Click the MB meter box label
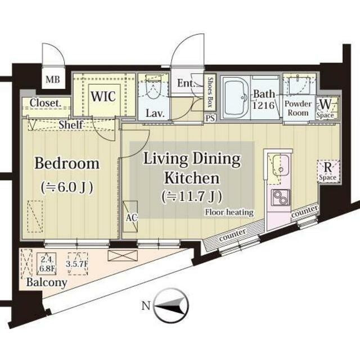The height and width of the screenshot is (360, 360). (x=53, y=80)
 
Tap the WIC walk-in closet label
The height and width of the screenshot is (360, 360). (x=103, y=96)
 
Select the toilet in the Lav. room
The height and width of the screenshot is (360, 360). (x=154, y=88)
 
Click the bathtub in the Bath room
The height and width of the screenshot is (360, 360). (x=236, y=97)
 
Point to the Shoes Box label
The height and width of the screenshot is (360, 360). (x=210, y=92)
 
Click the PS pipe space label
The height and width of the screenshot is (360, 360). (x=210, y=118)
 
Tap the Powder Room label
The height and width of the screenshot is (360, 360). (x=298, y=108)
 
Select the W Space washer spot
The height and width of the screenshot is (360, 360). (x=326, y=108)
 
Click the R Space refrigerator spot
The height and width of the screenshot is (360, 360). (x=328, y=171)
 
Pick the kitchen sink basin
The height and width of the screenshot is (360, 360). (x=281, y=165)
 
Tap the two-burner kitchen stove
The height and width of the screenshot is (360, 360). (x=281, y=197)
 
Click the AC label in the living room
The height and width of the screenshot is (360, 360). (x=131, y=218)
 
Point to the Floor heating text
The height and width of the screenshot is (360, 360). (x=229, y=213)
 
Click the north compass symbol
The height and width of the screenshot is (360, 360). (x=171, y=305)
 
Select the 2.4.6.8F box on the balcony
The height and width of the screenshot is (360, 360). (x=47, y=264)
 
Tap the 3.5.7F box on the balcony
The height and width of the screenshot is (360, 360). (x=77, y=264)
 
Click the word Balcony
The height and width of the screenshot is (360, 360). (x=47, y=282)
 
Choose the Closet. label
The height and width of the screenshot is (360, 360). (x=46, y=103)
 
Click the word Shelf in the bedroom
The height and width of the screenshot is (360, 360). (x=70, y=125)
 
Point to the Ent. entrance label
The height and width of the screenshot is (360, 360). (x=186, y=83)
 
